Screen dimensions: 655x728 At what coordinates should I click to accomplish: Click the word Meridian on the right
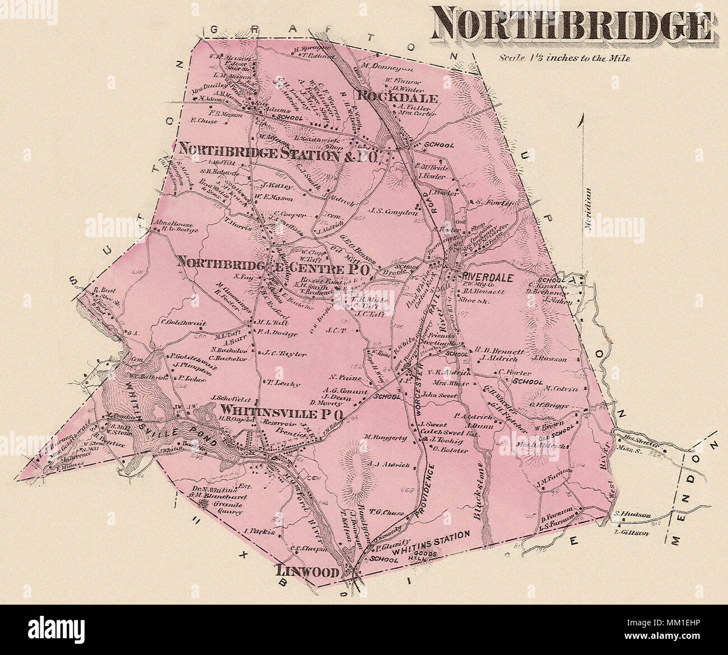tap(589, 206)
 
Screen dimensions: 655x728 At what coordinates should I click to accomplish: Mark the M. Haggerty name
tap(385, 437)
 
